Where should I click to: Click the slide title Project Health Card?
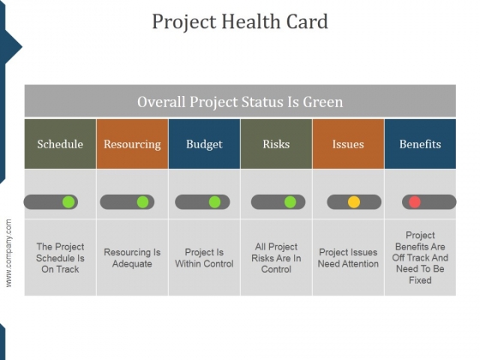pos(240,21)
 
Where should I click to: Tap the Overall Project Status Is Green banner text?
pos(240,102)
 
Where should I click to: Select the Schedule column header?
pos(60,144)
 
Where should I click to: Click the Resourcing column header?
pos(132,144)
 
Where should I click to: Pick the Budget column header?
pos(204,144)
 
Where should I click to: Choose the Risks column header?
pos(276,144)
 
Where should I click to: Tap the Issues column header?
pos(348,144)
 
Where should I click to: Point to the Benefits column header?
pos(420,144)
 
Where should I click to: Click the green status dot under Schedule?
pos(69,202)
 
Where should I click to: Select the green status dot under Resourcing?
pos(142,202)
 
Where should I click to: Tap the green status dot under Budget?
pos(214,202)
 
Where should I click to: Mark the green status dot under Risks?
pos(291,202)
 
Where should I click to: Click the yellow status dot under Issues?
pos(354,202)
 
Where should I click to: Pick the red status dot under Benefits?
pos(415,202)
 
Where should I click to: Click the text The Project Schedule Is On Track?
pos(60,258)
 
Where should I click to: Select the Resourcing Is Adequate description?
pos(132,258)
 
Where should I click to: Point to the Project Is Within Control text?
pos(204,258)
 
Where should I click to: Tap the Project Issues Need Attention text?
pos(348,258)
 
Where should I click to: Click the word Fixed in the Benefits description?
pos(420,280)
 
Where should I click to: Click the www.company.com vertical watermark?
pos(9,253)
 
